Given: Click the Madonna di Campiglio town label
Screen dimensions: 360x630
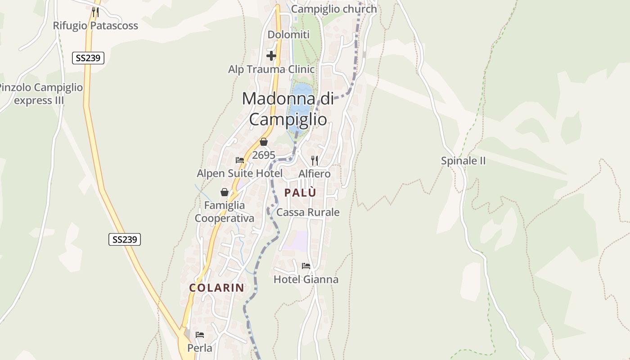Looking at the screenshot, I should click(x=288, y=109).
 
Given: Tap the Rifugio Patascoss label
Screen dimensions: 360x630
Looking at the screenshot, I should click(x=95, y=26).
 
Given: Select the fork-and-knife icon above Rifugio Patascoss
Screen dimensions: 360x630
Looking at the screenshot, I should click(x=95, y=12).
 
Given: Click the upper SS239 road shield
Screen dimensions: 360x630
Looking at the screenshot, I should click(x=88, y=58).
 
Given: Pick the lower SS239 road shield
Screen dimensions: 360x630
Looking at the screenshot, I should click(x=125, y=239).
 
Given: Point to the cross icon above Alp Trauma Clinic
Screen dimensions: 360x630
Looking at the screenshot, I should click(x=271, y=56).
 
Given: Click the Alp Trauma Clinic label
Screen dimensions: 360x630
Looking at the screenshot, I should click(x=271, y=69).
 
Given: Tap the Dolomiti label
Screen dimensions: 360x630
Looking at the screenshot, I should click(x=288, y=35).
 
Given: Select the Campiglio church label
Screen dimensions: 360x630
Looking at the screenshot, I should click(x=334, y=9).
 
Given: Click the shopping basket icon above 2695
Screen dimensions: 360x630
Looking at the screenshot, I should click(x=264, y=142).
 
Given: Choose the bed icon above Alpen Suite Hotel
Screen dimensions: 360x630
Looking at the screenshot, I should click(x=240, y=160).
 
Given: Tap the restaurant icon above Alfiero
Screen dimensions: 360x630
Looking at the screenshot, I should click(x=315, y=160).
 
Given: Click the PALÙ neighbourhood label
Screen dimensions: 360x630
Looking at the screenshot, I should click(x=300, y=193).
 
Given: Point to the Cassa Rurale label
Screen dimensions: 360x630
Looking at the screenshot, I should click(x=308, y=212).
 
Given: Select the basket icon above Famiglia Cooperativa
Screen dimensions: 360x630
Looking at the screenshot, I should click(x=225, y=193).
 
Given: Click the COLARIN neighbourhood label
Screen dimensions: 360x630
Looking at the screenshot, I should click(x=216, y=288).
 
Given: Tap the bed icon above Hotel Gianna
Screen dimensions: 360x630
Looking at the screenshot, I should click(x=306, y=266).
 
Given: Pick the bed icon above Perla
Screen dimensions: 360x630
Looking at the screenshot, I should click(x=200, y=335).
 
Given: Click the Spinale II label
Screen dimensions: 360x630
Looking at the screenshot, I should click(x=463, y=161).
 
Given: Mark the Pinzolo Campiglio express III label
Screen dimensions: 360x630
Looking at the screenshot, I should click(x=40, y=94).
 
